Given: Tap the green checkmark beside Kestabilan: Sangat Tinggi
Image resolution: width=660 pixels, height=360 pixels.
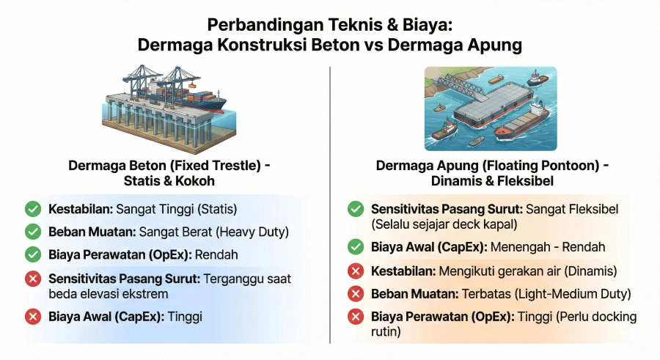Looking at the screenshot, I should click(x=33, y=209).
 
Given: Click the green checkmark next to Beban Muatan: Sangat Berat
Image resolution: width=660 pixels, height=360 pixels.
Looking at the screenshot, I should click(x=33, y=232).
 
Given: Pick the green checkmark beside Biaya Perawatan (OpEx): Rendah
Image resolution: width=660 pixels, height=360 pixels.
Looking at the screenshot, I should click(x=33, y=254).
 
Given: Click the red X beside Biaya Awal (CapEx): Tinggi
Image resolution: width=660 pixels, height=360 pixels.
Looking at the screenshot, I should click(x=33, y=317).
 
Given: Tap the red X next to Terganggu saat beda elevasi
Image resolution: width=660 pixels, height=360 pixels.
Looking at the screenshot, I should click(x=33, y=279).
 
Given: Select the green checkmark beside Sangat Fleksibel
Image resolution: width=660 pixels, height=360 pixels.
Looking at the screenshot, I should click(x=356, y=209).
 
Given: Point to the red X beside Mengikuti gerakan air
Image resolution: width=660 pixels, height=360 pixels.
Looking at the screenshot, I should click(x=356, y=271).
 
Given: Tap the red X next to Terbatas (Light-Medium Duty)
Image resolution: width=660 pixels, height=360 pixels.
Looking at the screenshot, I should click(x=356, y=294).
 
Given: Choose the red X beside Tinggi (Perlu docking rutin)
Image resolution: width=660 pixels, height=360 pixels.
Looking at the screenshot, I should click(x=356, y=317).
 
